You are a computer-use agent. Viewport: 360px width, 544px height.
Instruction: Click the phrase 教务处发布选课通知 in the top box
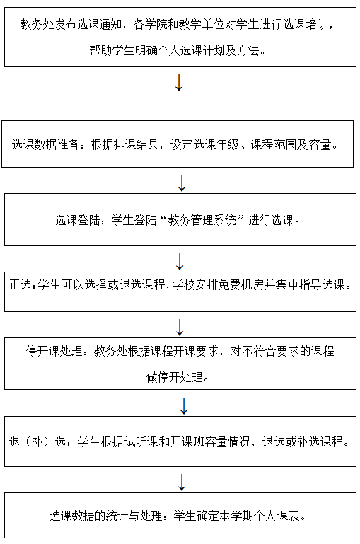pos(71,24)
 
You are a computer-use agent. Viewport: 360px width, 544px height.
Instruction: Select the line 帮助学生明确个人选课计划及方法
pos(174,51)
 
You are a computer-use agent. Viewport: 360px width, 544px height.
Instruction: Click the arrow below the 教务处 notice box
pos(179,83)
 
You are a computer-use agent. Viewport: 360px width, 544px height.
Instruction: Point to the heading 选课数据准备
pos(46,144)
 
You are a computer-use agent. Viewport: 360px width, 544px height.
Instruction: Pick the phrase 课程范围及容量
pos(291,144)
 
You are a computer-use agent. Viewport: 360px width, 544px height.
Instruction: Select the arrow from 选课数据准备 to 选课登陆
pos(181,183)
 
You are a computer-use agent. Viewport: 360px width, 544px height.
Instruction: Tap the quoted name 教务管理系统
pos(202,220)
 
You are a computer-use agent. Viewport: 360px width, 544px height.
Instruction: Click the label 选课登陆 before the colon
pos(77,220)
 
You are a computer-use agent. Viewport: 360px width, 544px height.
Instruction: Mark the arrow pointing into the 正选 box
pos(180,262)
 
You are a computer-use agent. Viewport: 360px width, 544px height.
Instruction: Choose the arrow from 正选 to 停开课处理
pos(180,328)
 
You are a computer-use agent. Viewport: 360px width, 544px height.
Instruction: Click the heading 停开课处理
pos(54,351)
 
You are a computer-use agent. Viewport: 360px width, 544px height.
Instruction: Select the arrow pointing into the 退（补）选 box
pos(184,406)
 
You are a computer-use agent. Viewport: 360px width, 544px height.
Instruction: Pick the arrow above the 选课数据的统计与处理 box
pos(181,482)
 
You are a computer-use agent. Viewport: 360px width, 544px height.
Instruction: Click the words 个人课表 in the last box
pos(277,516)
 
